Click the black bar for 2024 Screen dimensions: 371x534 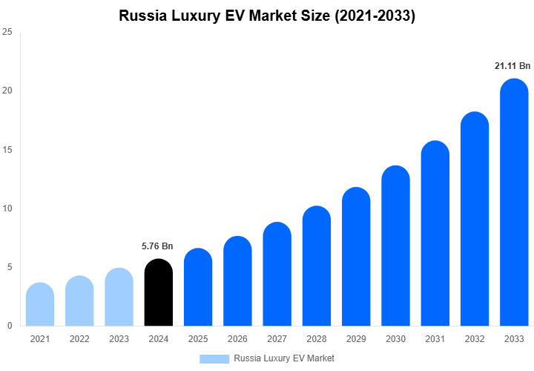[158, 292]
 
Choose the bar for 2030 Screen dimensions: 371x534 [395, 246]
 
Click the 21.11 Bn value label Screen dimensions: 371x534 [513, 66]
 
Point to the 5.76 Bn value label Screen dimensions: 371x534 [157, 246]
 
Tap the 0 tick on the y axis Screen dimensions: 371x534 [9, 326]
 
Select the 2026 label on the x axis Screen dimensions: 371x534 [237, 339]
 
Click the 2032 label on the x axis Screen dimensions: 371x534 [475, 339]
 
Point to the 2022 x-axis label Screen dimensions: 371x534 [79, 339]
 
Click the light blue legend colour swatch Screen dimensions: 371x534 [214, 358]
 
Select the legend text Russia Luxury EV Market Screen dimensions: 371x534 [284, 358]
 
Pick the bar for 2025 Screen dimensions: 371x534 [198, 287]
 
